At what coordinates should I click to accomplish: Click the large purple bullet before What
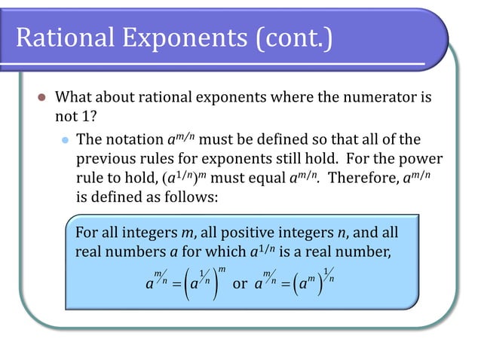pyautogui.click(x=42, y=98)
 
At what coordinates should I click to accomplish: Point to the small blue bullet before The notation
pyautogui.click(x=64, y=140)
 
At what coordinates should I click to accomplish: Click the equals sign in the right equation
pyautogui.click(x=286, y=285)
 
